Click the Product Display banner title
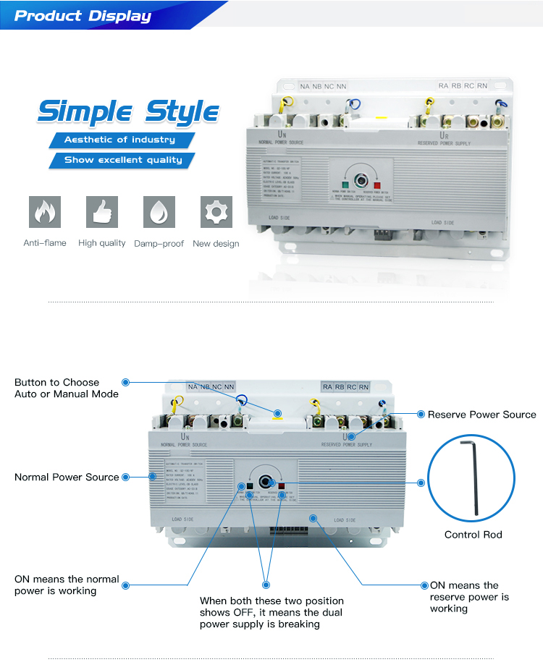click(83, 15)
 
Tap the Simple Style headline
click(128, 112)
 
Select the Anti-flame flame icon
click(45, 212)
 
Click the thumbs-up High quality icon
click(101, 212)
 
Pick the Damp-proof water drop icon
click(159, 212)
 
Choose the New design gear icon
click(216, 212)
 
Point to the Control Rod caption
click(473, 535)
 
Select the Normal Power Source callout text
click(67, 477)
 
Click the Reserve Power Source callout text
click(481, 415)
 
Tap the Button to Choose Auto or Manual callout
click(67, 388)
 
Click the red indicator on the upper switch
click(377, 185)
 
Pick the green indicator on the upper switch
click(346, 185)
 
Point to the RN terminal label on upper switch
click(482, 85)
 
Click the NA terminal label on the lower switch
click(193, 388)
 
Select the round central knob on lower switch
click(266, 481)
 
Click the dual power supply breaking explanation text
click(271, 612)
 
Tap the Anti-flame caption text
click(45, 243)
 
